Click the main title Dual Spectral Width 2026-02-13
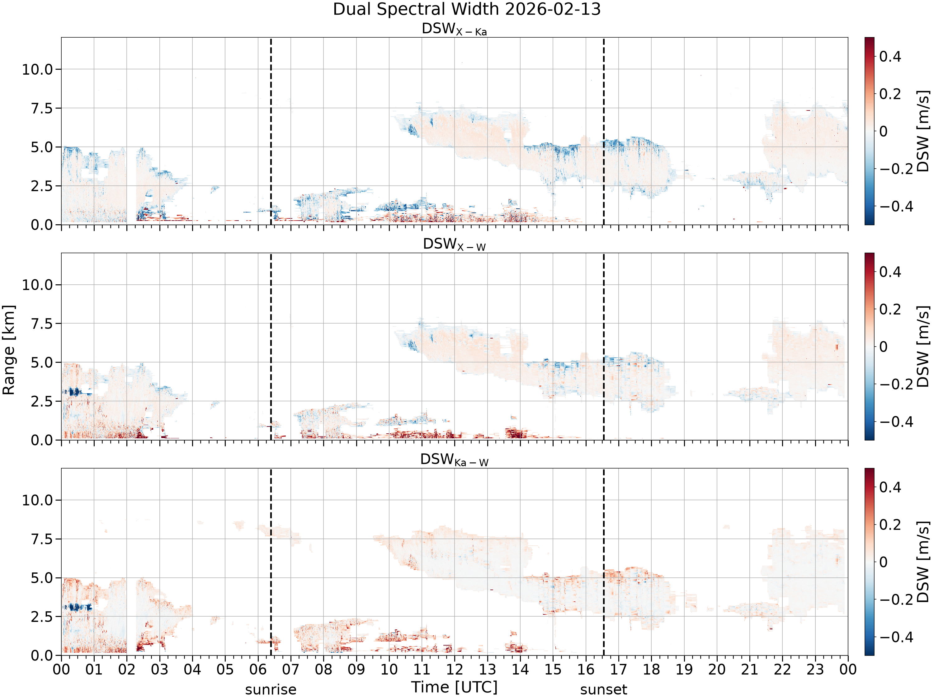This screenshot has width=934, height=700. tap(467, 9)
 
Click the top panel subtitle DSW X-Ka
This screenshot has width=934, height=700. tap(454, 29)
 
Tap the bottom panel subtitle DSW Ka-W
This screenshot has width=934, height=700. tap(454, 460)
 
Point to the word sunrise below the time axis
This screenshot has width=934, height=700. tap(271, 689)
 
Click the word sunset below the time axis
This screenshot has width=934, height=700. tap(603, 689)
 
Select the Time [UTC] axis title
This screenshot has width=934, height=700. tap(454, 687)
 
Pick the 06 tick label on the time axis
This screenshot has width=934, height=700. tap(258, 669)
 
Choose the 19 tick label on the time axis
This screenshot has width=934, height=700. tap(684, 669)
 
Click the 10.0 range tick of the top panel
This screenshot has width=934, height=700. tap(38, 69)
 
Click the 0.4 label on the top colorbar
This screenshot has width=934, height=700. tap(890, 57)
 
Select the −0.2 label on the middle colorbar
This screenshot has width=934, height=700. tap(896, 385)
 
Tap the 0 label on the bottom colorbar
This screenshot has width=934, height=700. tap(883, 562)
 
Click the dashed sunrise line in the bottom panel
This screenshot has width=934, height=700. tap(271, 562)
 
